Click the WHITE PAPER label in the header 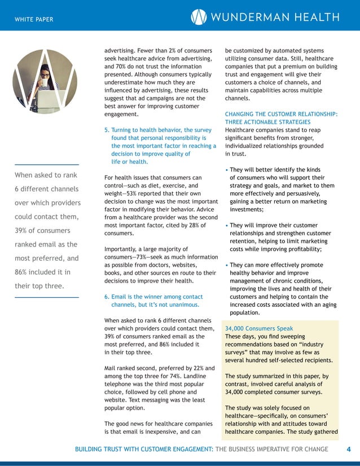pyautogui.click(x=34, y=20)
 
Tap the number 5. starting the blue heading pyautogui.click(x=107, y=130)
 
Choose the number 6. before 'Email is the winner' pyautogui.click(x=107, y=297)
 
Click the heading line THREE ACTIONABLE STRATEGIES pyautogui.click(x=267, y=122)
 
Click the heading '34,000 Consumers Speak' pyautogui.click(x=259, y=328)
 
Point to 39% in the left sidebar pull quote pyautogui.click(x=22, y=231)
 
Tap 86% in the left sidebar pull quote pyautogui.click(x=22, y=272)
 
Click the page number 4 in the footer pyautogui.click(x=348, y=449)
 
